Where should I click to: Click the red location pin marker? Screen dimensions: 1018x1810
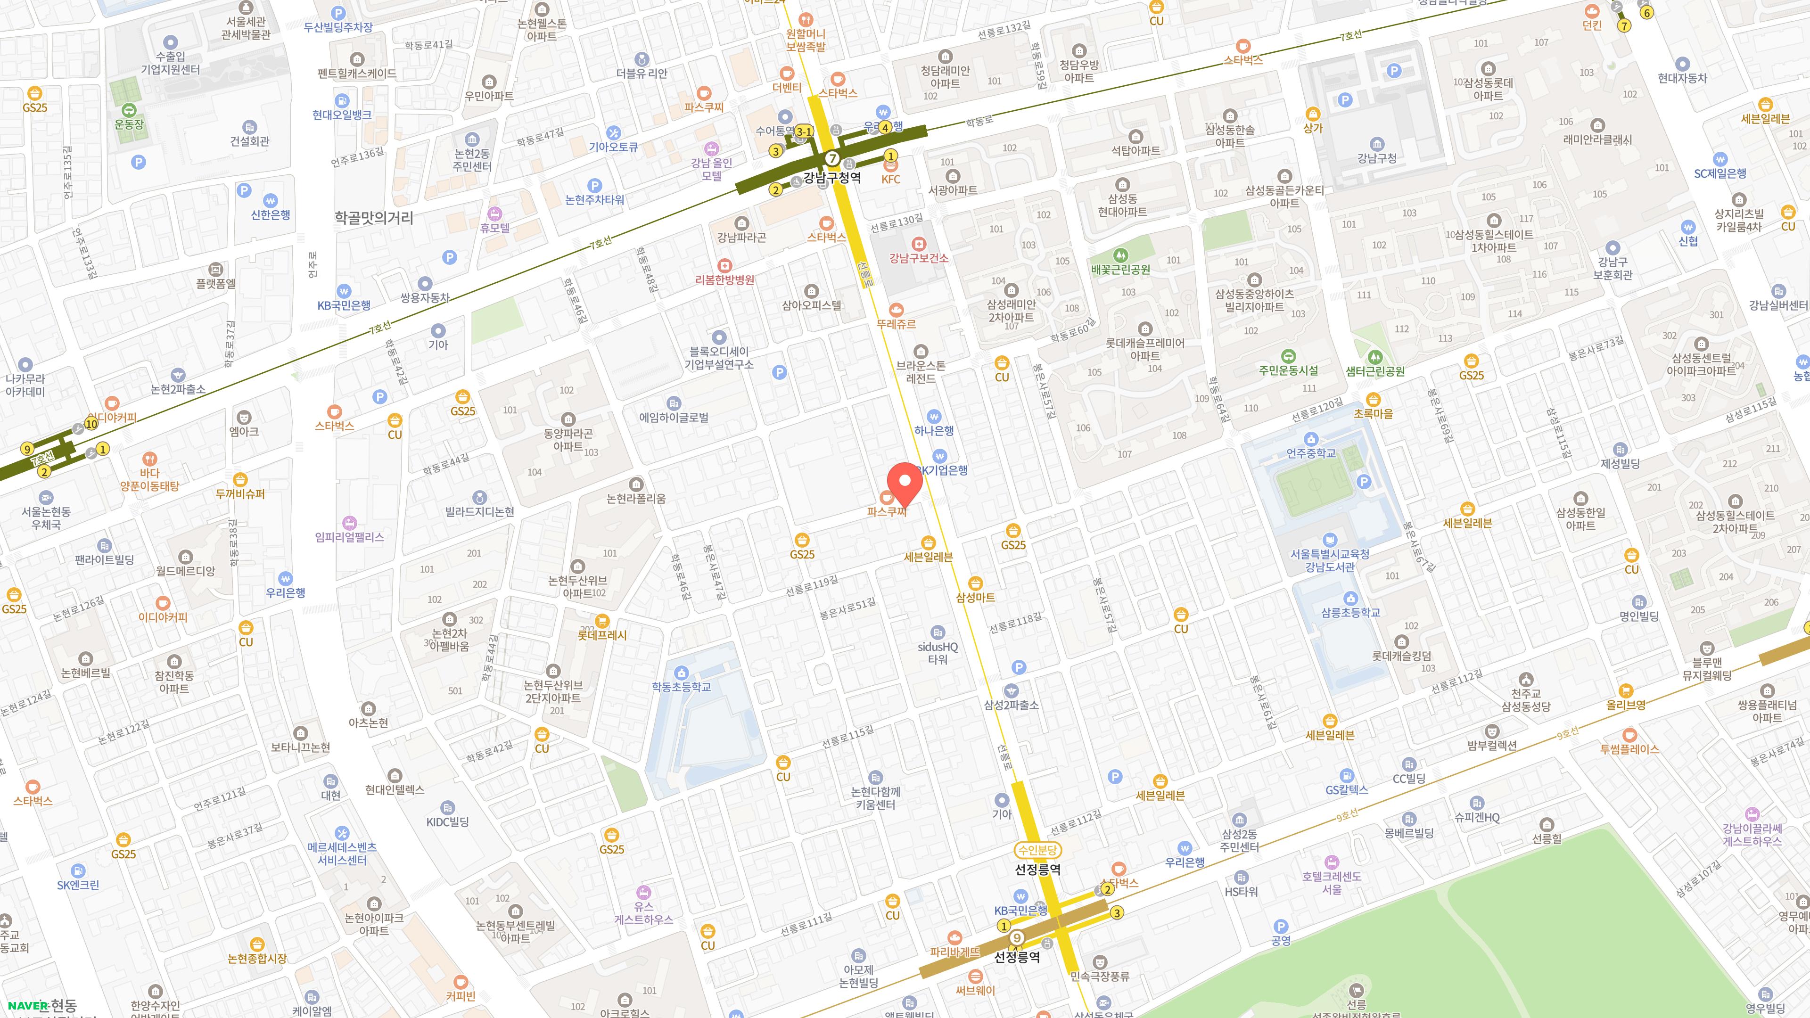[905, 483]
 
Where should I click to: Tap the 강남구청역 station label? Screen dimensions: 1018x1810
[832, 177]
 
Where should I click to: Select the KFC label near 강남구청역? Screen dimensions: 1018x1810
[890, 179]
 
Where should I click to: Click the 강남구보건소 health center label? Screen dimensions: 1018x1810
[918, 258]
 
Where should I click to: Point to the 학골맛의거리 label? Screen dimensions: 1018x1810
[373, 218]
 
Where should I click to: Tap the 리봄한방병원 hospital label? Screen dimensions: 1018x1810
[724, 279]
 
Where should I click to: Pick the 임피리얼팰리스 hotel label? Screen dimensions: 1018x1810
[349, 537]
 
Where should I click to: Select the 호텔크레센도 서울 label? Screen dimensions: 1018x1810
[1332, 882]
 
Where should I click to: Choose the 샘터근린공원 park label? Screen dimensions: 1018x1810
[1374, 371]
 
